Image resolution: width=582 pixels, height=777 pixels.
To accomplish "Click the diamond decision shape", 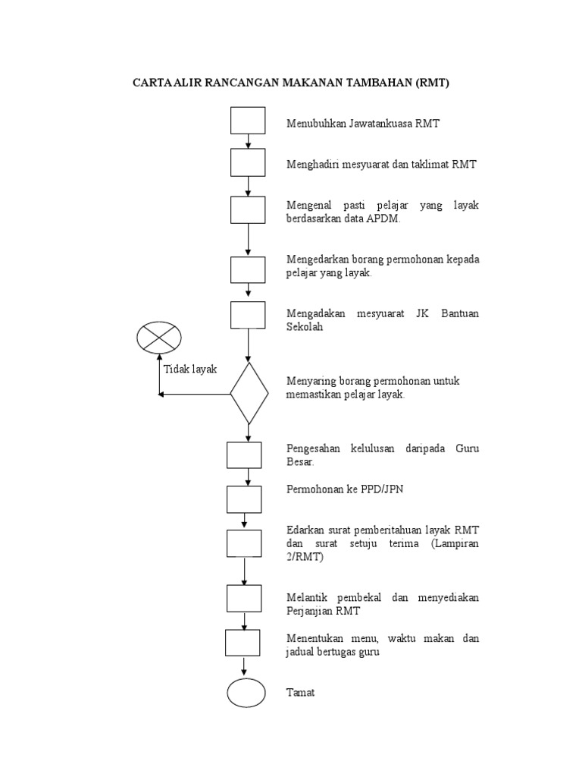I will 249,393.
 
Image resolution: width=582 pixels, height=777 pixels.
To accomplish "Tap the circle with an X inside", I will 159,336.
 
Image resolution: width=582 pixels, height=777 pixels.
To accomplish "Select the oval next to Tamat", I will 246,693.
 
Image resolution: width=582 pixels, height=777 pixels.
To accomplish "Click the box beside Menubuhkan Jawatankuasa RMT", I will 248,121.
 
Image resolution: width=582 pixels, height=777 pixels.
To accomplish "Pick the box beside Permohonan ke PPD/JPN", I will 244,499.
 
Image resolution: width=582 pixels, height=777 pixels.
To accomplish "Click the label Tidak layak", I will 190,369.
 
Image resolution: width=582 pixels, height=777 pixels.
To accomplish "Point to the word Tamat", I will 300,693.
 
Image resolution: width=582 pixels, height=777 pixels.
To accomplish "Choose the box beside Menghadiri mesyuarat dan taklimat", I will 248,162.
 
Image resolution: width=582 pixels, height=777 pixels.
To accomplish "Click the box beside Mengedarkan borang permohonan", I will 248,269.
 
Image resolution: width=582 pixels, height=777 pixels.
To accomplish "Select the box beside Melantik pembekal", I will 244,598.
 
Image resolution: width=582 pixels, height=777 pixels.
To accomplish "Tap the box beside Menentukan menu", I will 242,643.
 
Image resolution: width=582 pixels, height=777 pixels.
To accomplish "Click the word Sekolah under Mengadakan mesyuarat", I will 305,327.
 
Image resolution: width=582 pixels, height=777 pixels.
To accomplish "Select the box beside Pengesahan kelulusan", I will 244,455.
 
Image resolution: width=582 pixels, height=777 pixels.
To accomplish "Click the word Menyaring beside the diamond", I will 309,381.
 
